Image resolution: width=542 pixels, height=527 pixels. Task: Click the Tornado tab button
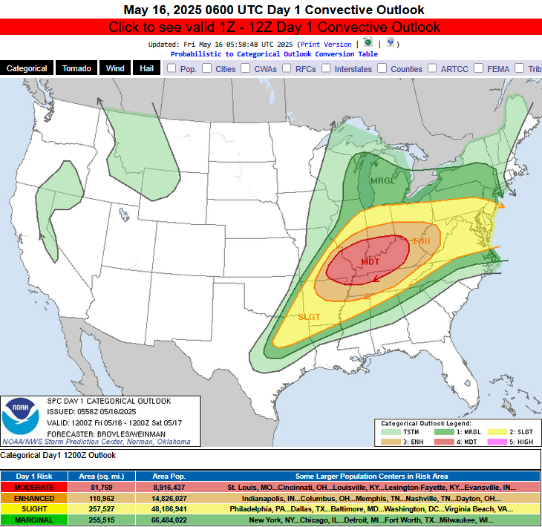click(x=76, y=68)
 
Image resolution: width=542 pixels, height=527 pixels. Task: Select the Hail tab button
click(x=145, y=68)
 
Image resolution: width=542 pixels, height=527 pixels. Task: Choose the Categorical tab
click(x=27, y=68)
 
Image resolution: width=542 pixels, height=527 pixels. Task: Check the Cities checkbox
click(x=209, y=68)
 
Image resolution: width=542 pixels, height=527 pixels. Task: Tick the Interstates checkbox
click(x=327, y=68)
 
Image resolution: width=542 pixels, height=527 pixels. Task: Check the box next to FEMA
click(x=479, y=68)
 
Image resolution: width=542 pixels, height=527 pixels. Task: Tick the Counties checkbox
click(x=382, y=68)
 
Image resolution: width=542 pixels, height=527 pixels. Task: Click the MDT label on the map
click(x=370, y=262)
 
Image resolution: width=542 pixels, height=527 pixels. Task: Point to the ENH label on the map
click(x=421, y=241)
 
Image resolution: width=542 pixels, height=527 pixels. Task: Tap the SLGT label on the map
click(x=309, y=317)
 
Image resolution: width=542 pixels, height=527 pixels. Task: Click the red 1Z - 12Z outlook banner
click(x=271, y=27)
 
